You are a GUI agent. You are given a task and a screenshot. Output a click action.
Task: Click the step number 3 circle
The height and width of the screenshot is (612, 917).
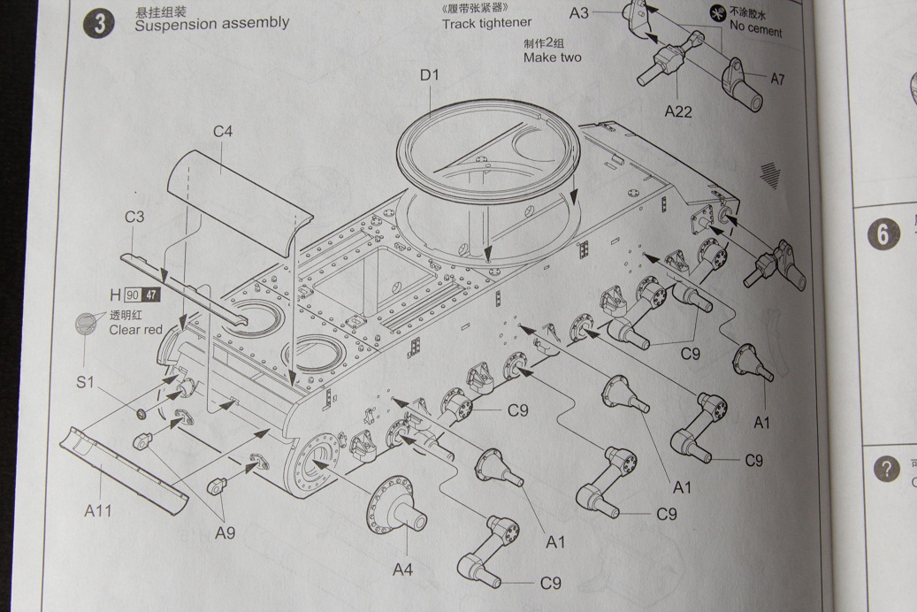99,24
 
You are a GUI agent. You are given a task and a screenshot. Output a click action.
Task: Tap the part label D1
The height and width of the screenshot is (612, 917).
429,75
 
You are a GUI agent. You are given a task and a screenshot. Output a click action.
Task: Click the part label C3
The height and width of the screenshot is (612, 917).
134,218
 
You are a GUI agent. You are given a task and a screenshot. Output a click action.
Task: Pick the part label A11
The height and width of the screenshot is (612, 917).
98,510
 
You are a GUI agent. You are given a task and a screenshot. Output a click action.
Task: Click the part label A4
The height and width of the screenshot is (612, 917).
402,570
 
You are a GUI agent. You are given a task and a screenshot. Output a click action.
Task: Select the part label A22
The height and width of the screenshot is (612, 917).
678,111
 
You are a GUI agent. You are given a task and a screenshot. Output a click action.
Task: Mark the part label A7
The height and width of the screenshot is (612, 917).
777,80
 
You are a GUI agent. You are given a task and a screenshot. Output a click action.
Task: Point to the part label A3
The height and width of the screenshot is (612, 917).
579,13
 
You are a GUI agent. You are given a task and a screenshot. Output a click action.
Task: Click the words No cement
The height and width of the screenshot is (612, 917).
756,28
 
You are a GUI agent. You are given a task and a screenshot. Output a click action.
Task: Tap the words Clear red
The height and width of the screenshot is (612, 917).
136,330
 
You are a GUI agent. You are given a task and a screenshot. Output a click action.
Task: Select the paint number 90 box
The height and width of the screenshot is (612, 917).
133,295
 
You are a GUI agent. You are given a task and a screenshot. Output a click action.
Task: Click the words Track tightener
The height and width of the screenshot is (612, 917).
487,24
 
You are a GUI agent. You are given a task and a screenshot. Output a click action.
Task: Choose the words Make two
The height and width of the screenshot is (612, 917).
553,57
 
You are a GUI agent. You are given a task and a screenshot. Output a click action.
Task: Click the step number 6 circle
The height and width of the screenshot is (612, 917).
883,234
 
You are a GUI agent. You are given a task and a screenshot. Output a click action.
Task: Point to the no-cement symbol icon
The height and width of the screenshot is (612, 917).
717,13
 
